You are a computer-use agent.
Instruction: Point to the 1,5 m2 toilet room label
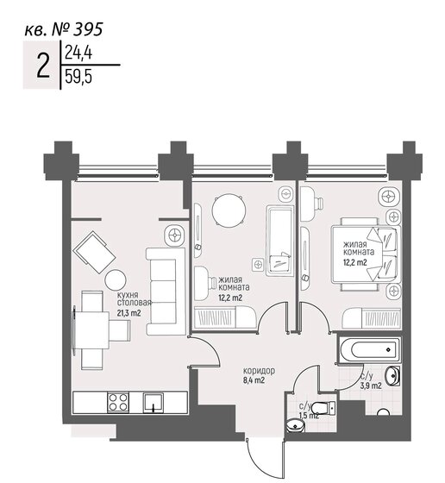[x=308, y=416]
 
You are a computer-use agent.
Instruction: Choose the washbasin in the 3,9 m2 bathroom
[x=392, y=376]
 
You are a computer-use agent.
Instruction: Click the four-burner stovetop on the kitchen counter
[x=117, y=401]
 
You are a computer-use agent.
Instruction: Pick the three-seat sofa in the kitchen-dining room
[x=165, y=291]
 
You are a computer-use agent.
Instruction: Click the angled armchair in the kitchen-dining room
[x=94, y=252]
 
